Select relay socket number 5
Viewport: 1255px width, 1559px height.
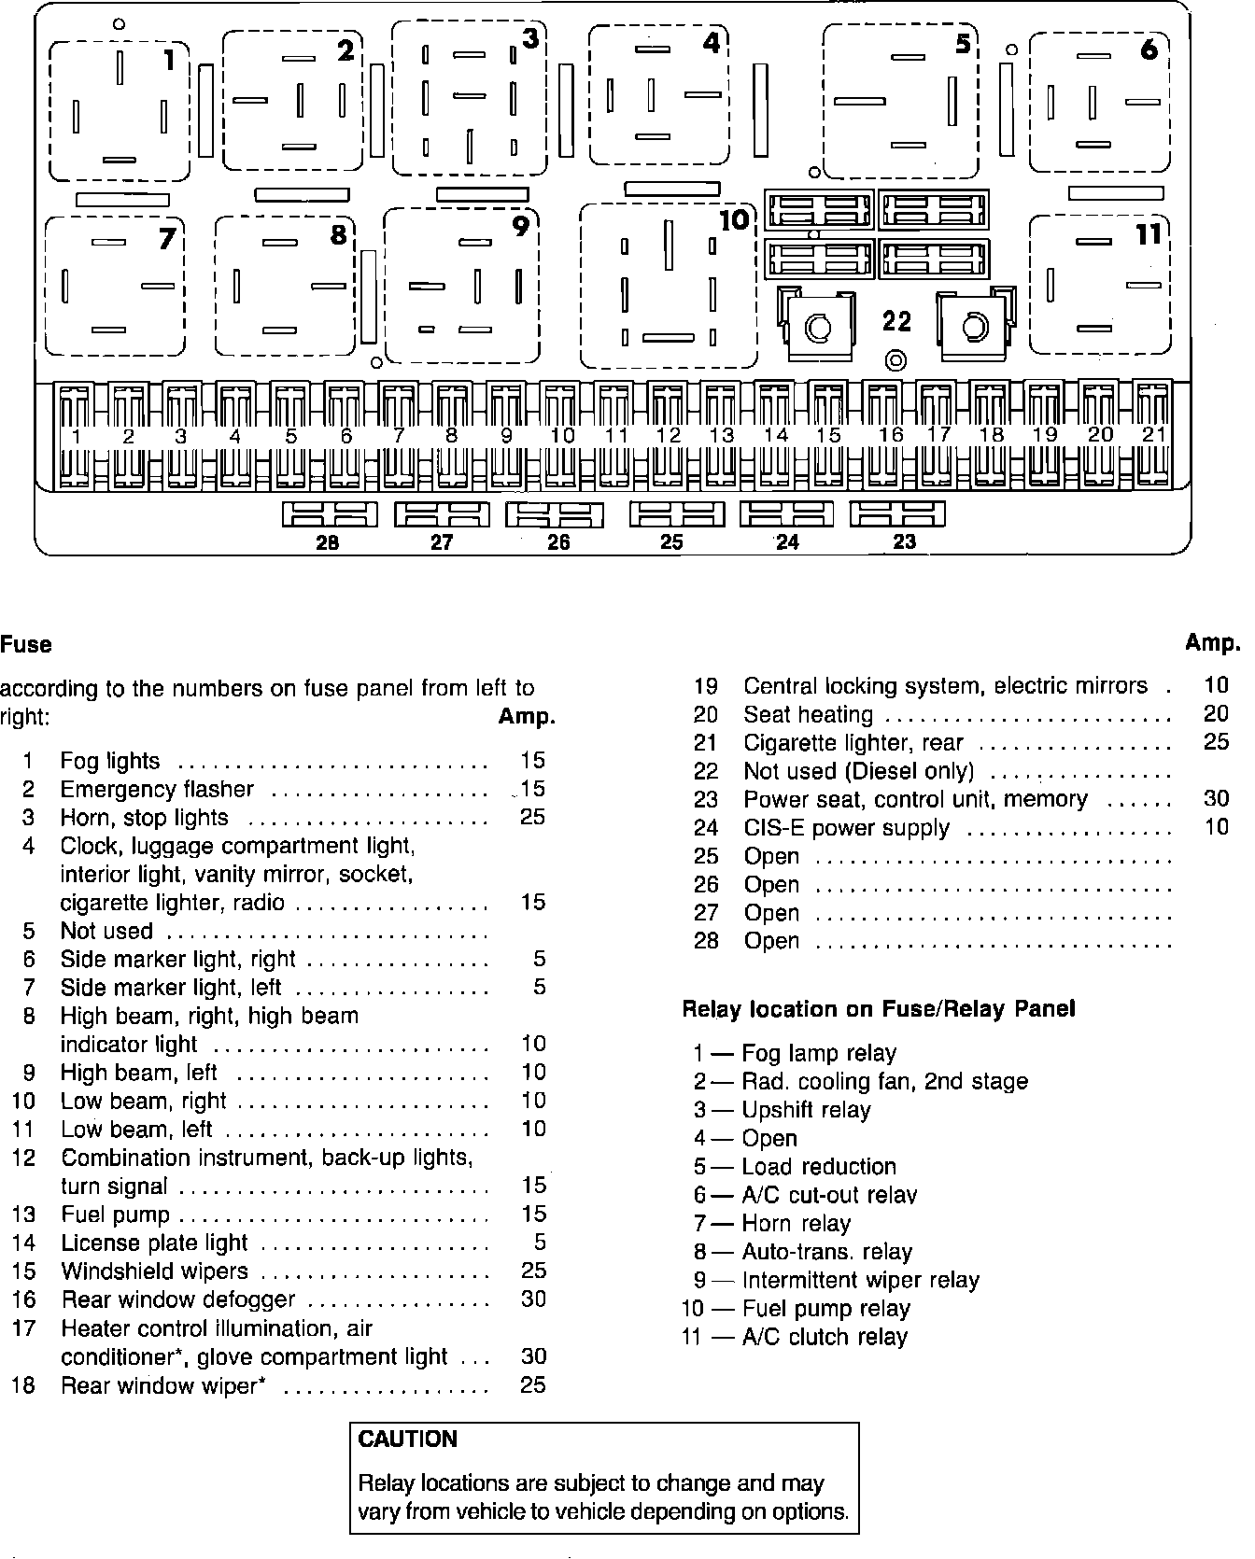point(900,101)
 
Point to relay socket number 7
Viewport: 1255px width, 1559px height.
point(114,286)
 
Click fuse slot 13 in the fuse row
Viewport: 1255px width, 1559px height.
point(720,435)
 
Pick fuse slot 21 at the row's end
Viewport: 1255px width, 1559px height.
point(1154,435)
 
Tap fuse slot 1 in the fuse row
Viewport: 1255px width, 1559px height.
point(76,435)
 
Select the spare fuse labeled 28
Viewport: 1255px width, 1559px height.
point(330,514)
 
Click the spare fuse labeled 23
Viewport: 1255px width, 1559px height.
point(897,514)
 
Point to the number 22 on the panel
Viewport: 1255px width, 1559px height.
point(896,322)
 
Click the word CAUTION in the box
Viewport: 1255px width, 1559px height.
point(408,1439)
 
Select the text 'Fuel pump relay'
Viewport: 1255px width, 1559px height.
point(825,1308)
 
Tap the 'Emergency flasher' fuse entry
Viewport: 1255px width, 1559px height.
point(157,790)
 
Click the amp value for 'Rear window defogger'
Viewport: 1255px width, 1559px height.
point(533,1299)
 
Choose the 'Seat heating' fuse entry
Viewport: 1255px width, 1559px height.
point(808,715)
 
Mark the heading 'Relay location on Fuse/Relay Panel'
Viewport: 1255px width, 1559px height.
point(879,1009)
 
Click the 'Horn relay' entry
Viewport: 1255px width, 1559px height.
point(796,1223)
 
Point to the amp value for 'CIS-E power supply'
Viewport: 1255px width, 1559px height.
point(1217,828)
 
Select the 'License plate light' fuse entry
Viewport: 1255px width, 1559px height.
point(154,1243)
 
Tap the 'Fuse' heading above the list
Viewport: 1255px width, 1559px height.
point(26,645)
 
